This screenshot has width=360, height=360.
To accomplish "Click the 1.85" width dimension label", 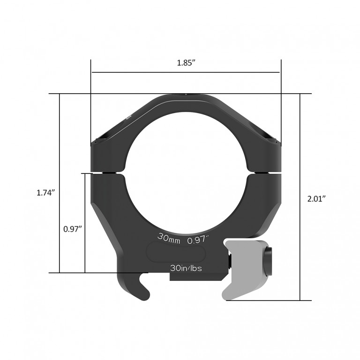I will tap(186, 63).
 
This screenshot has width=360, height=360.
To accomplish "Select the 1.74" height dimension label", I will tap(46, 192).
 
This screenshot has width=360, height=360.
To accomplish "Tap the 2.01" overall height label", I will tap(316, 198).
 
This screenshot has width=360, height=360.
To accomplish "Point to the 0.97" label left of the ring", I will tap(73, 229).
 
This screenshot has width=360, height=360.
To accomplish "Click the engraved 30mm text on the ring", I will tap(169, 238).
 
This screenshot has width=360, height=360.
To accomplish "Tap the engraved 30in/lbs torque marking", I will tap(186, 268).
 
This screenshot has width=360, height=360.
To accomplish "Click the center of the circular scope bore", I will tap(186, 173).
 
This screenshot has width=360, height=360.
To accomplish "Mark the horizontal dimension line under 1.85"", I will tap(186, 73).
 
